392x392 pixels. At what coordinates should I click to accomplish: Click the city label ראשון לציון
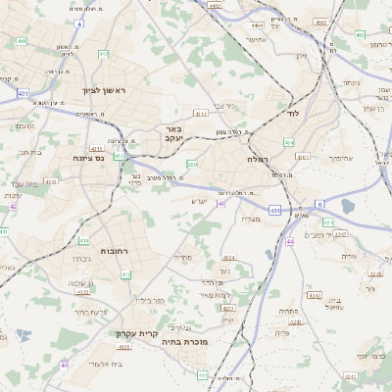[119, 90]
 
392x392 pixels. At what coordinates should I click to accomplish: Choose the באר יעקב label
[171, 134]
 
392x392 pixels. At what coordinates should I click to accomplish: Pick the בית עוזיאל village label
[334, 305]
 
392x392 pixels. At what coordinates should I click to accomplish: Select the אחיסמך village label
[339, 158]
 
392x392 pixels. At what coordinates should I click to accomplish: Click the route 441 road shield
[22, 41]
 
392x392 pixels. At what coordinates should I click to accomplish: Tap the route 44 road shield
[289, 240]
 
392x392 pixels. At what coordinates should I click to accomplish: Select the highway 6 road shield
[319, 204]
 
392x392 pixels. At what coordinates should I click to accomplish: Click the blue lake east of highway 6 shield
[349, 207]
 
